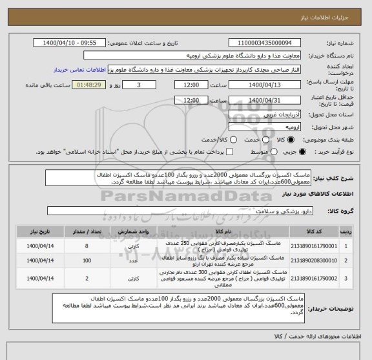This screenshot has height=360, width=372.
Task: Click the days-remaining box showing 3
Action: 139,85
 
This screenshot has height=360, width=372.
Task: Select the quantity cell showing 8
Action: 87,246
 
